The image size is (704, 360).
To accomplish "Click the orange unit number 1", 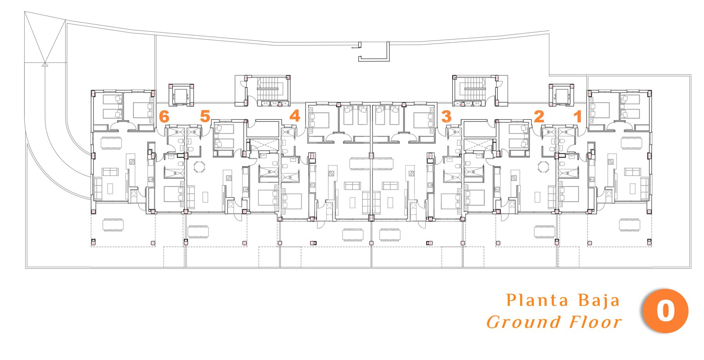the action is (x=577, y=116).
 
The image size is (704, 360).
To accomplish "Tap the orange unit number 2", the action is (x=539, y=116).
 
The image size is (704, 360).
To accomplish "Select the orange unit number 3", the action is (x=446, y=116).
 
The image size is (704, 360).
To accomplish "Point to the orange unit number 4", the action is (x=295, y=116).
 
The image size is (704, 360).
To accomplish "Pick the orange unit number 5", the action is (x=205, y=116).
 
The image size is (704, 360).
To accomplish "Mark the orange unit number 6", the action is (x=164, y=116).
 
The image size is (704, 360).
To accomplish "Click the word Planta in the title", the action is (x=537, y=300).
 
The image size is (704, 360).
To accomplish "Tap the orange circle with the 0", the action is (x=666, y=311).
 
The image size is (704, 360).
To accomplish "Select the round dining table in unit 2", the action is (x=544, y=167).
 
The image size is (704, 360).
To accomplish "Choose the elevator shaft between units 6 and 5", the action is (x=181, y=95).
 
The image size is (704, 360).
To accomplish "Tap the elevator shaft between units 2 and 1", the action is (x=562, y=95).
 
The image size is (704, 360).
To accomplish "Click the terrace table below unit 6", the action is (x=113, y=225).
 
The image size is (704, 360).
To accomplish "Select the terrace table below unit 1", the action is (x=629, y=225).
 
